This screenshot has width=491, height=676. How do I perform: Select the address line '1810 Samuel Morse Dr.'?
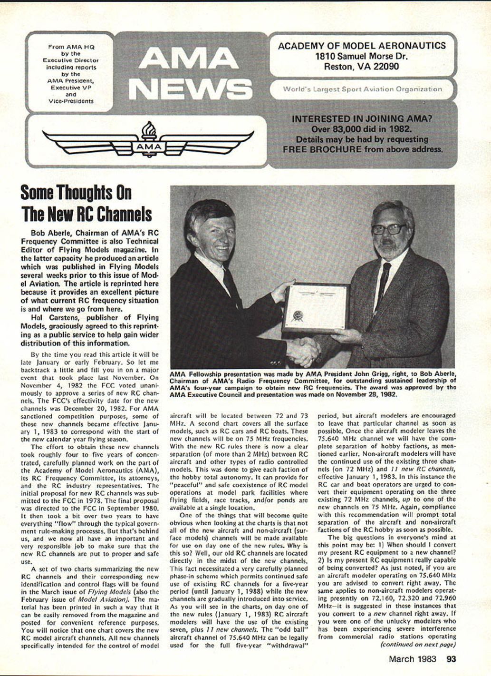pos(362,56)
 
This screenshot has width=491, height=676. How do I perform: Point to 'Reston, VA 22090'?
pos(362,67)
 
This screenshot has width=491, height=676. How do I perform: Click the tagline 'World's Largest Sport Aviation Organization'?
pos(362,89)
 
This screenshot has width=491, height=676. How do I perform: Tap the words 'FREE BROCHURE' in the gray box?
pos(322,149)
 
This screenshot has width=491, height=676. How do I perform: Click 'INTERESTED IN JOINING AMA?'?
pos(362,119)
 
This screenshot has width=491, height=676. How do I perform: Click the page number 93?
pos(451,659)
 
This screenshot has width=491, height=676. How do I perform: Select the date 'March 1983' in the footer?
pos(414,659)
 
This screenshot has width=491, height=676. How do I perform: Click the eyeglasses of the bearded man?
pos(389,229)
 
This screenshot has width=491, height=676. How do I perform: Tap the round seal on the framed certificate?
pos(298,315)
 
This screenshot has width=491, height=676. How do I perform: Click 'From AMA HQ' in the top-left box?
pos(71,47)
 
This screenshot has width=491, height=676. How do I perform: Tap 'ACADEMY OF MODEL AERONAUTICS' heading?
pos(362,46)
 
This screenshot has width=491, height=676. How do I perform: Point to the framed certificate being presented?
pos(316,308)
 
